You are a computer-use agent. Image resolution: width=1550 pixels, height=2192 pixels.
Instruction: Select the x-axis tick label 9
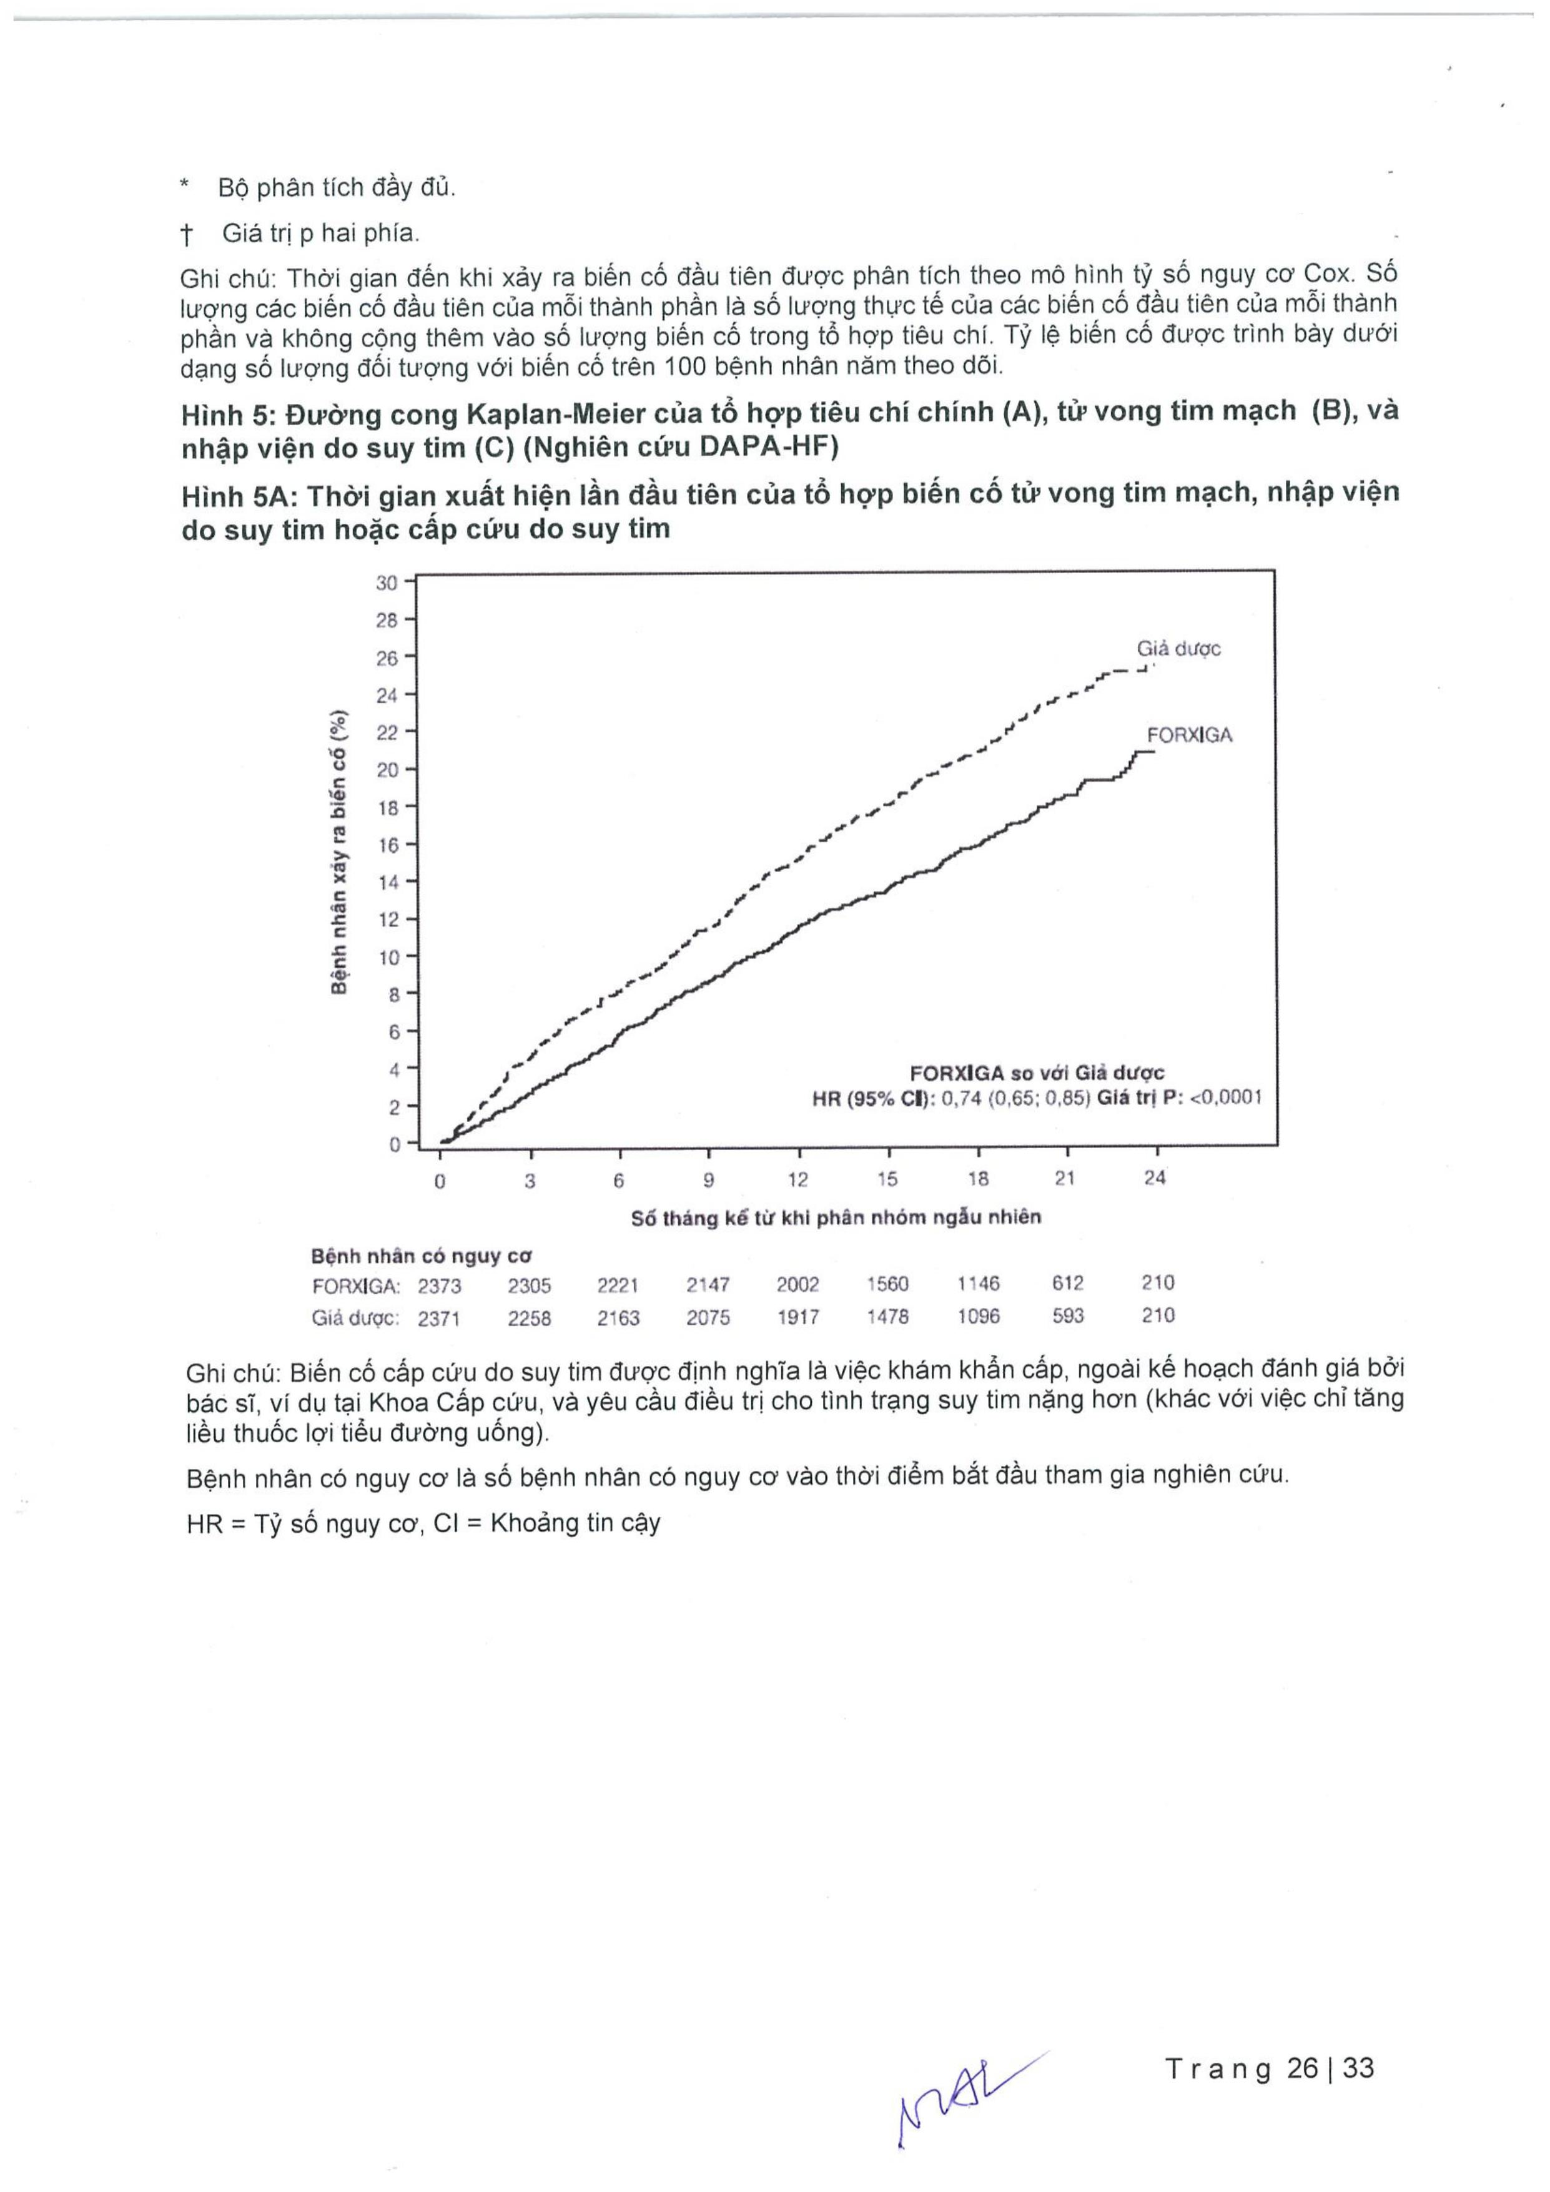tap(709, 1180)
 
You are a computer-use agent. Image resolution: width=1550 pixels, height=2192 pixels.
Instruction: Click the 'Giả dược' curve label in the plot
tap(1178, 649)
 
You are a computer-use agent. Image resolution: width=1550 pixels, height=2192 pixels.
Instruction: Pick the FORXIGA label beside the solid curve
tap(1189, 735)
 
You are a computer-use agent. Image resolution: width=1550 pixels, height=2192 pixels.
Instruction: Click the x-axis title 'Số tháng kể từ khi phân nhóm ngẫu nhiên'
tap(836, 1218)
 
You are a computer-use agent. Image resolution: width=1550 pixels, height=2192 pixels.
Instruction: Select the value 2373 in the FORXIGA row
tap(439, 1286)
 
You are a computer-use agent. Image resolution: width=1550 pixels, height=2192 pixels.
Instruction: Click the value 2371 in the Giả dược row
tap(439, 1319)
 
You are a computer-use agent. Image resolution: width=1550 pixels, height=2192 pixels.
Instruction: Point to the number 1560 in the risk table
tap(887, 1284)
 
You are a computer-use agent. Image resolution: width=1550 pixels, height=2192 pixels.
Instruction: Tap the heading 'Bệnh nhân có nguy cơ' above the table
tap(421, 1256)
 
